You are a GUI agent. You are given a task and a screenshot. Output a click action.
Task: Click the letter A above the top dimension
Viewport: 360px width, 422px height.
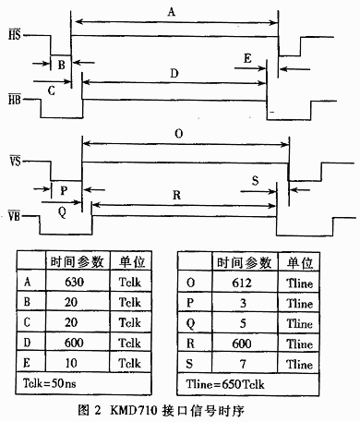[x=171, y=12]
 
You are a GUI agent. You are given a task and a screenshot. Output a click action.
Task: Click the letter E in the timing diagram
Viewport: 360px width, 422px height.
[x=247, y=57]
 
